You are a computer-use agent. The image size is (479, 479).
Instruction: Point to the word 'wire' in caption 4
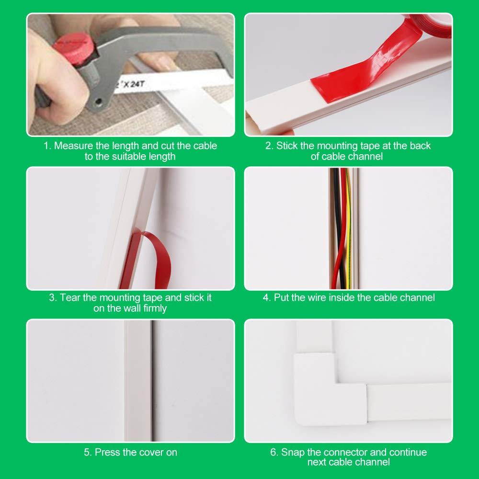(318, 297)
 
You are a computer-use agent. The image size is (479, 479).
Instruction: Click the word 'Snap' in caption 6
(293, 452)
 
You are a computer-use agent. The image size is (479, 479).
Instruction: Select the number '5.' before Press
(87, 452)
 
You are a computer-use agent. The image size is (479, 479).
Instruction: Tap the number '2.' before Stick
(270, 146)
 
